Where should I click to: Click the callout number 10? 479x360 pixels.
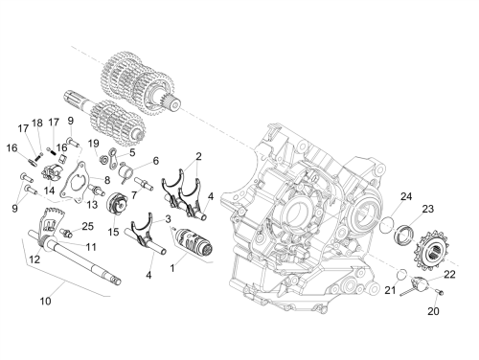[45, 301]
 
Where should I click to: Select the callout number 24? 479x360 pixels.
[406, 196]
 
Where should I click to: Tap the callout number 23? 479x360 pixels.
[428, 209]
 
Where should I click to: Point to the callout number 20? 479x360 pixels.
[433, 311]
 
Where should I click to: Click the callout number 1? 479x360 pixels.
[172, 268]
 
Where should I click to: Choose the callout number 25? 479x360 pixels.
[87, 226]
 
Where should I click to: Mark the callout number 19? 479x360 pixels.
[94, 144]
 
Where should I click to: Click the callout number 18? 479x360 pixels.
[37, 123]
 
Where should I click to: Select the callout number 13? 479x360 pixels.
[92, 204]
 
